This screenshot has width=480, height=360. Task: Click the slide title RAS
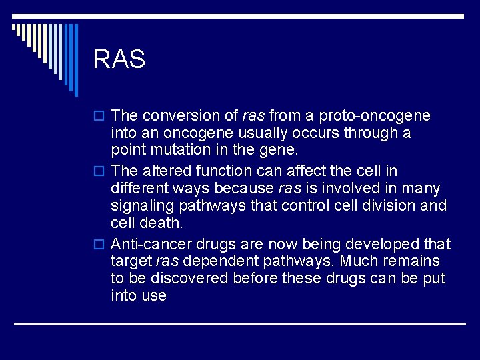point(119,59)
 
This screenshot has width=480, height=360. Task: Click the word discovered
point(190,278)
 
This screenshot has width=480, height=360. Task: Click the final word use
point(153,295)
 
